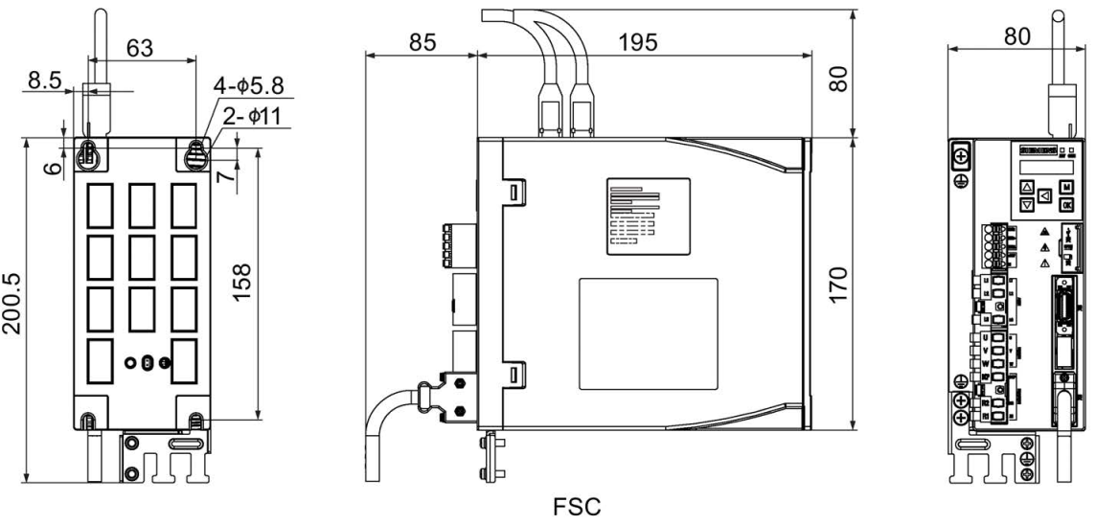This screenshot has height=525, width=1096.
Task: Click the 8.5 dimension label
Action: [x=46, y=82]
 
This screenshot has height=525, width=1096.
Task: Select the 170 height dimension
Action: [x=838, y=285]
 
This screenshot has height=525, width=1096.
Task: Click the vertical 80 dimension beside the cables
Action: [x=838, y=76]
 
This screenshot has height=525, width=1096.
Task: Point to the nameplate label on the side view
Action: [x=646, y=217]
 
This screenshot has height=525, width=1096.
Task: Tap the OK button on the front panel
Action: [x=1066, y=204]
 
